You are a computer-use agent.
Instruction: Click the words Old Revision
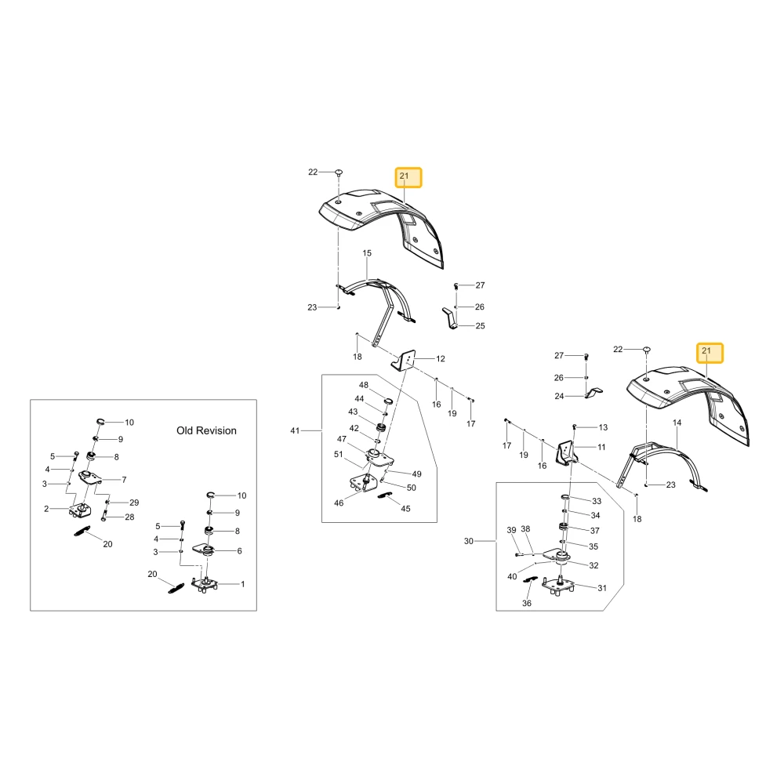coord(206,430)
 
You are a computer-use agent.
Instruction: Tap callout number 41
coord(295,430)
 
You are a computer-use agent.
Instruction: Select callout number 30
coord(469,541)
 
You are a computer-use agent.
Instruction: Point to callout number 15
coord(367,253)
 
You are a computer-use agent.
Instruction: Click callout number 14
coord(677,423)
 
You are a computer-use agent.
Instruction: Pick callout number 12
coord(441,358)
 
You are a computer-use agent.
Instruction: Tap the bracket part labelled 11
coord(567,452)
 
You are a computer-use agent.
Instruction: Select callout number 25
coord(480,325)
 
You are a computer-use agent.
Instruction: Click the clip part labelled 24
coord(593,392)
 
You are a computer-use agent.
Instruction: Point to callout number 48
coord(364,385)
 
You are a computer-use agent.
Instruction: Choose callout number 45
coord(405,509)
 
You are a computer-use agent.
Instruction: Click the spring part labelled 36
coord(529,579)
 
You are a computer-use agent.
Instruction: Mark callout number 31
coord(602,588)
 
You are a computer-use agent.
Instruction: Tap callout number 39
coord(511,530)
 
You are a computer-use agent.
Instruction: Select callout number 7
coord(124,480)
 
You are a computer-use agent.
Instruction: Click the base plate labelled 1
coord(205,584)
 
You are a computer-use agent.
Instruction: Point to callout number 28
coord(129,517)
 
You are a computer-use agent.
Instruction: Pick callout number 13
coord(603,427)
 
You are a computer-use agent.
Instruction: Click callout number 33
coord(597,501)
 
